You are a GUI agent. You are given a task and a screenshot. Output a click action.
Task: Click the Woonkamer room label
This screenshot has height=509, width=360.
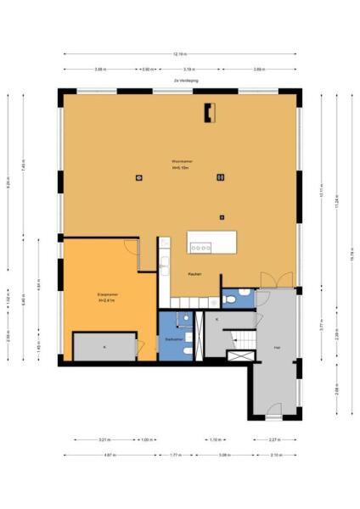(179, 162)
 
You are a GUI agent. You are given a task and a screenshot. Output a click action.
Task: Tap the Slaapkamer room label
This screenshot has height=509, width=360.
(108, 295)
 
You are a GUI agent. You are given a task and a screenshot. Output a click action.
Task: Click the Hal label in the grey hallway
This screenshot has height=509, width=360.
(276, 349)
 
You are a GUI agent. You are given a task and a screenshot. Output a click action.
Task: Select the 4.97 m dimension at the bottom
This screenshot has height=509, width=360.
(110, 455)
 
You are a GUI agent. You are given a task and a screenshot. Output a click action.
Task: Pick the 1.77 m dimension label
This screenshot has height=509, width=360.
(176, 455)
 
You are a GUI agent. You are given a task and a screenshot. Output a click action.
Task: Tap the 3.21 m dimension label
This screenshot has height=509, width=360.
(104, 439)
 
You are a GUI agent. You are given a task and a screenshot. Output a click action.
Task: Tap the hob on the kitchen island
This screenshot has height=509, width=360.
(202, 248)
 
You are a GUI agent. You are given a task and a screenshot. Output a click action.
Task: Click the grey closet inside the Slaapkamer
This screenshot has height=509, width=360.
(104, 347)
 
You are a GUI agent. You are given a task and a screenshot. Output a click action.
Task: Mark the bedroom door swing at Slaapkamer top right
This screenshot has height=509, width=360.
(131, 247)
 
